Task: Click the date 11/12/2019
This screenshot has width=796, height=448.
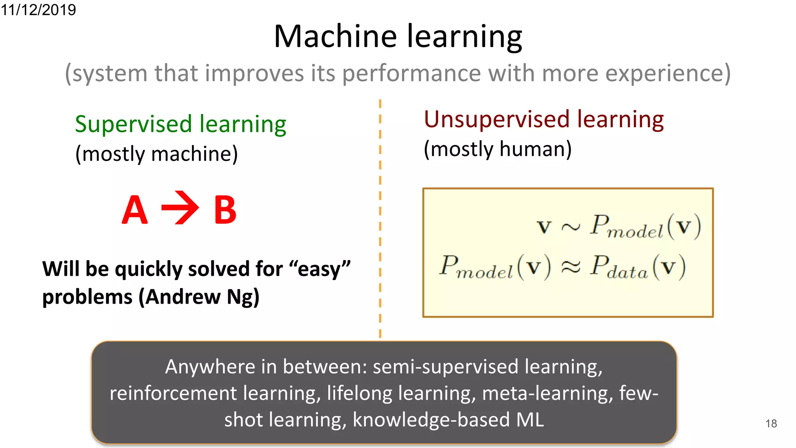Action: pos(38,9)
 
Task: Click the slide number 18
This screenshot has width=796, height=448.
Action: pos(771,423)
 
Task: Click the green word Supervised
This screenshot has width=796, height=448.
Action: pos(133,124)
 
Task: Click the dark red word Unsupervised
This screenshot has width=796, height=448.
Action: pos(497,119)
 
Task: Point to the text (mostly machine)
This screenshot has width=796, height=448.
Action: pos(156,154)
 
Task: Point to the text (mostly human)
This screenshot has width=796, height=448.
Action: pos(497,149)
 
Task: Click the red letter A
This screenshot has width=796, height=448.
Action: pos(134,210)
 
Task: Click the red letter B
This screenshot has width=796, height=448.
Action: pos(225,210)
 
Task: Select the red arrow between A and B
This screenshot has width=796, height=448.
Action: pos(180,208)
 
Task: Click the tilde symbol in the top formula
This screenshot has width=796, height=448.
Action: pos(571,227)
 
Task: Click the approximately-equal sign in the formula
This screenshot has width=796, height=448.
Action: pos(570,267)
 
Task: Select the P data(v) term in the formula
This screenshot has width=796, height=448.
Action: pos(637,267)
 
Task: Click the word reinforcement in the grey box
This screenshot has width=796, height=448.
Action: pos(173,393)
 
